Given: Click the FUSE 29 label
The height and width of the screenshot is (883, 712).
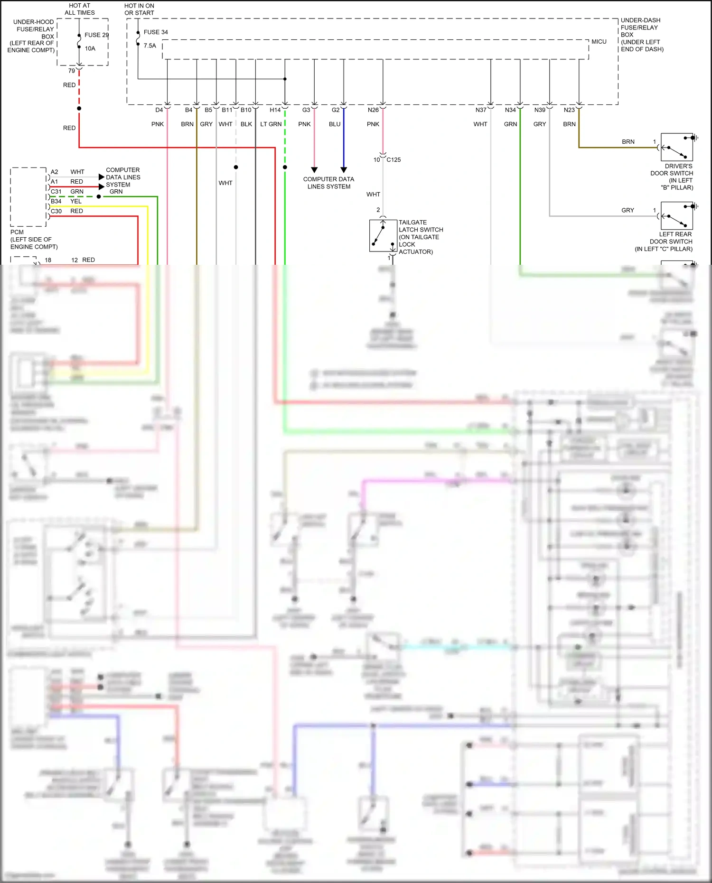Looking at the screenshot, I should [96, 35].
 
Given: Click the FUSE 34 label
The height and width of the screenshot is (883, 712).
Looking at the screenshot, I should [156, 32].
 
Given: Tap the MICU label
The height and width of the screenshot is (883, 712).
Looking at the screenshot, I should [599, 42].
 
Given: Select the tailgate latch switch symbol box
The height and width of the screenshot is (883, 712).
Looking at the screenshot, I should [383, 235].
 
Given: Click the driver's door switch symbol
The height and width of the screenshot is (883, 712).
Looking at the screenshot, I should [677, 147].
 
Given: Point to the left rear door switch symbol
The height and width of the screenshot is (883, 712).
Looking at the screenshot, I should [677, 216].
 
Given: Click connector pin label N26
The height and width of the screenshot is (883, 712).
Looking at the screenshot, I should [373, 110].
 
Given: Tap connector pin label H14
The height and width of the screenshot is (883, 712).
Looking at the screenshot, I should [275, 110].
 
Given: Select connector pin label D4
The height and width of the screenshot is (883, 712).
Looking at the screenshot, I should [159, 110].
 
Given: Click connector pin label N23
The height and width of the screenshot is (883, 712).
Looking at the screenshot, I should [569, 110].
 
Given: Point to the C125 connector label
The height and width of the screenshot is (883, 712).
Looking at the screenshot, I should [393, 160].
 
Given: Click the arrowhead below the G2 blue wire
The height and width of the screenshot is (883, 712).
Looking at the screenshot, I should [344, 170].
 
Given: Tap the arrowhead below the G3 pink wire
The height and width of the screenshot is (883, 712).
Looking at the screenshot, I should [314, 170].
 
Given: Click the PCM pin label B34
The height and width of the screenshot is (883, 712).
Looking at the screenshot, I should [56, 201].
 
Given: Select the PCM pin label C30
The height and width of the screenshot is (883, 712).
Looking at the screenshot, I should [56, 211].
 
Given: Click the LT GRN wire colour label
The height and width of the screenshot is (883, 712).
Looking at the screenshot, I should [271, 124].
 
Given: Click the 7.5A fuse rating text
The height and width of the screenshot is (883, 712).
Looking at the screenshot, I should [150, 46].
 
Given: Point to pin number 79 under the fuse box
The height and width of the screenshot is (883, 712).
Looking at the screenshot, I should [72, 71].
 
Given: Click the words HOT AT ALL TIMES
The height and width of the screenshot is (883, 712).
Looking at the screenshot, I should [80, 9].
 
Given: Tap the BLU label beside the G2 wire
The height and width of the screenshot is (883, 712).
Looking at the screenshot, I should [335, 124].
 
